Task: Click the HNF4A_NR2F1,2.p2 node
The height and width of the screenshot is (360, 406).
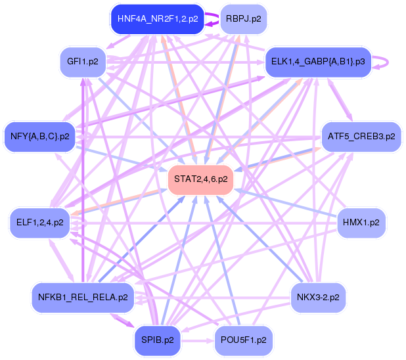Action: pos(158,19)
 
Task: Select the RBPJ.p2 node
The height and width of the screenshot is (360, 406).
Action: pos(243,19)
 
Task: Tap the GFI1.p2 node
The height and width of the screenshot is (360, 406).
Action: pos(83,62)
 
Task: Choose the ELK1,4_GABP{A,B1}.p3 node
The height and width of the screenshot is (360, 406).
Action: pos(318,62)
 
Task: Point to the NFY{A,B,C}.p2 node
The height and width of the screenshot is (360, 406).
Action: pos(40,137)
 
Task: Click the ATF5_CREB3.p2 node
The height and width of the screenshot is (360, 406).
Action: pos(361,137)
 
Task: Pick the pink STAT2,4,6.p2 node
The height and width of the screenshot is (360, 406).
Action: pos(200,179)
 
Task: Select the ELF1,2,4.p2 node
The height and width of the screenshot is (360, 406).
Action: pos(40,223)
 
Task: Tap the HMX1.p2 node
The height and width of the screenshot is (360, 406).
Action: pos(361,223)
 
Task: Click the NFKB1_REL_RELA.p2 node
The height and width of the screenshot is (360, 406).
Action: pos(83,298)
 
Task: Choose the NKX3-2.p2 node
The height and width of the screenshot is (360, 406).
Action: pos(318,298)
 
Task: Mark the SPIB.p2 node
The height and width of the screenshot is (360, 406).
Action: pos(158,340)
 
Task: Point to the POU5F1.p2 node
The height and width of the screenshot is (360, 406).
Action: pos(243,340)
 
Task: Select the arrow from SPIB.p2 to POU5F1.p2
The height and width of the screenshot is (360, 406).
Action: pos(198,340)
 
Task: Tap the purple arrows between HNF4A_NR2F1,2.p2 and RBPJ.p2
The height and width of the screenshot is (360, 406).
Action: pos(212,19)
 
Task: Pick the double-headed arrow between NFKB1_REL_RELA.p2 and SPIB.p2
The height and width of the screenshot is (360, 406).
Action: pos(123,321)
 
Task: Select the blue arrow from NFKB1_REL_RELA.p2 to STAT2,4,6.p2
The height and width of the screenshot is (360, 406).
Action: pos(142,238)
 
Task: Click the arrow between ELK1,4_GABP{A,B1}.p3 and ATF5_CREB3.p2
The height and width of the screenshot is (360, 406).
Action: pos(340,99)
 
